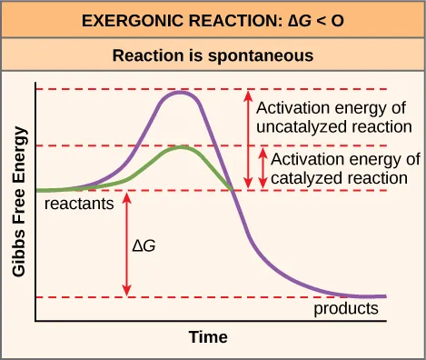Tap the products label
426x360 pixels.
pos(345,309)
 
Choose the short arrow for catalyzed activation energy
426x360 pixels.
pos(263,168)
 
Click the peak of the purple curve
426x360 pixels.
pos(182,92)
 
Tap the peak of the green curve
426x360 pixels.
pos(184,146)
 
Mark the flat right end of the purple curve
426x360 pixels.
pos(372,296)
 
